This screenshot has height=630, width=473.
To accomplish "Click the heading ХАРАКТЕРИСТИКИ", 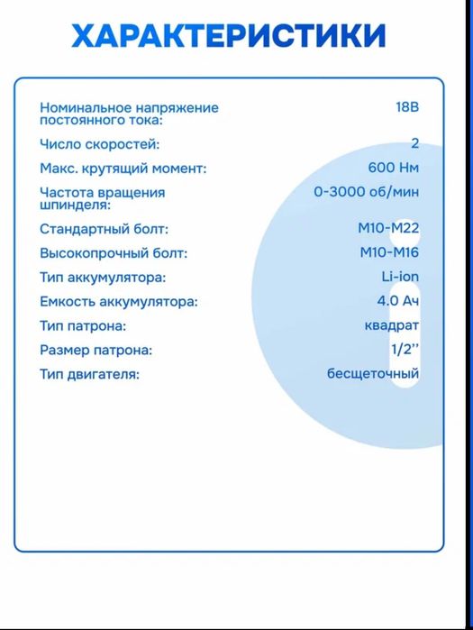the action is point(229,36).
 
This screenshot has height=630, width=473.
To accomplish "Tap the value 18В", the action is point(406,107).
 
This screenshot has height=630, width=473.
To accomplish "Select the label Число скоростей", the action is point(100,143).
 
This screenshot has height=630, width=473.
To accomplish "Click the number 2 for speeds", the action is point(414,143).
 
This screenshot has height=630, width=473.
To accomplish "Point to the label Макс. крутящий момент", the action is point(123,168).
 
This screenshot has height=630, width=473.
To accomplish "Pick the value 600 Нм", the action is point(394,168).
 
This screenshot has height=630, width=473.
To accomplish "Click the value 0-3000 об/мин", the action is point(366,192).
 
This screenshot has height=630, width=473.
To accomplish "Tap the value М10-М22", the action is point(388,229).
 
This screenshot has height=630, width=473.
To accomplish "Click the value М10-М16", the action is point(388,253).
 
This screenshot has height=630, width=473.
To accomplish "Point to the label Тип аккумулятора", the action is point(103,278).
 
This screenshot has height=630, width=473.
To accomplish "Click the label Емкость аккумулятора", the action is point(118,302).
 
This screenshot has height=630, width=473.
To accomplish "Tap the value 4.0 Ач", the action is point(398,302).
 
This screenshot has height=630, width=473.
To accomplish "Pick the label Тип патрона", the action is point(83,326).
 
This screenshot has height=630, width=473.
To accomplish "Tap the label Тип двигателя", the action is point(89,374).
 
